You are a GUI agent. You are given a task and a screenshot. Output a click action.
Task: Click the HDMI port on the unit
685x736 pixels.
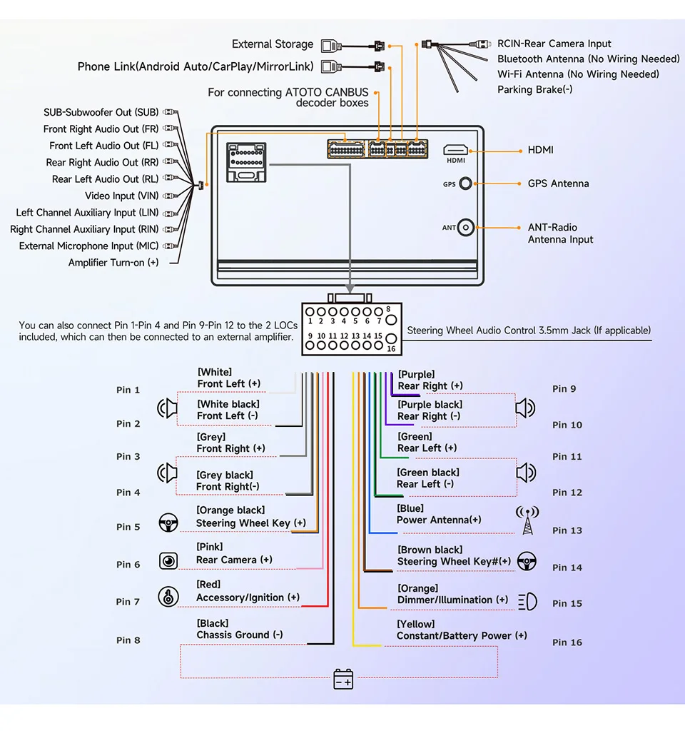click(x=455, y=150)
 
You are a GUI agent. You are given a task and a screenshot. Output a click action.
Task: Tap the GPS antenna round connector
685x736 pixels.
click(x=465, y=183)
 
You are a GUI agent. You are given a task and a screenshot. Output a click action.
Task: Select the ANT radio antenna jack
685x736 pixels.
click(x=465, y=228)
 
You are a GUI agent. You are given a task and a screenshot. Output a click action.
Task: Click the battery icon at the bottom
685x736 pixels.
click(x=343, y=678)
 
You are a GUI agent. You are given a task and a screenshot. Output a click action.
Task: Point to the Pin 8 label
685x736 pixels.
click(x=128, y=640)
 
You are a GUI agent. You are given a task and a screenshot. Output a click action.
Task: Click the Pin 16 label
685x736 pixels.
click(x=567, y=642)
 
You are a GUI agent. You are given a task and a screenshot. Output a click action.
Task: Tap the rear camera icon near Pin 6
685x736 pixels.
click(x=168, y=561)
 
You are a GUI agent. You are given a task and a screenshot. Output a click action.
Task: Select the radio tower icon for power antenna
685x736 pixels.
click(x=527, y=520)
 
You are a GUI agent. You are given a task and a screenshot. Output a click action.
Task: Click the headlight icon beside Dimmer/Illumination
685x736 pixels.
click(x=527, y=601)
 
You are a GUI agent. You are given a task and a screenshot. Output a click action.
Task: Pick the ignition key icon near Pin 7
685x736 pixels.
click(x=168, y=597)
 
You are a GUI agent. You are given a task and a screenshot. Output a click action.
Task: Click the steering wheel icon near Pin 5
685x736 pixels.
click(x=168, y=523)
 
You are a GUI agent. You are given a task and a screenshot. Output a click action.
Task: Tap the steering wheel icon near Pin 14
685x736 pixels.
click(x=527, y=561)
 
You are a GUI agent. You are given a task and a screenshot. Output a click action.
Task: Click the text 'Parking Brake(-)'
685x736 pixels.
click(x=535, y=89)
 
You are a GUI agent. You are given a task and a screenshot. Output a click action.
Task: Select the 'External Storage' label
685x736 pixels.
click(x=273, y=44)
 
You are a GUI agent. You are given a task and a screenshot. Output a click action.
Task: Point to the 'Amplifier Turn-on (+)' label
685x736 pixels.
click(x=113, y=263)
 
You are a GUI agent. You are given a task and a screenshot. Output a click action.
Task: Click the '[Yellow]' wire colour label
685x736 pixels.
click(x=416, y=624)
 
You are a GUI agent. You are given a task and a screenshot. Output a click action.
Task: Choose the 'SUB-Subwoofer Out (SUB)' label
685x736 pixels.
click(x=101, y=112)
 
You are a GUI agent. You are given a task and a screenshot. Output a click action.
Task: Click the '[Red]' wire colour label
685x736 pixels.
click(x=209, y=585)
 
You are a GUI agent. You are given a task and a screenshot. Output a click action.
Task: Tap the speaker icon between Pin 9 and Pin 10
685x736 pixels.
click(x=525, y=408)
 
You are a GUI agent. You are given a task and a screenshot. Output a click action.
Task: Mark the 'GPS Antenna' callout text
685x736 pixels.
click(x=559, y=183)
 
